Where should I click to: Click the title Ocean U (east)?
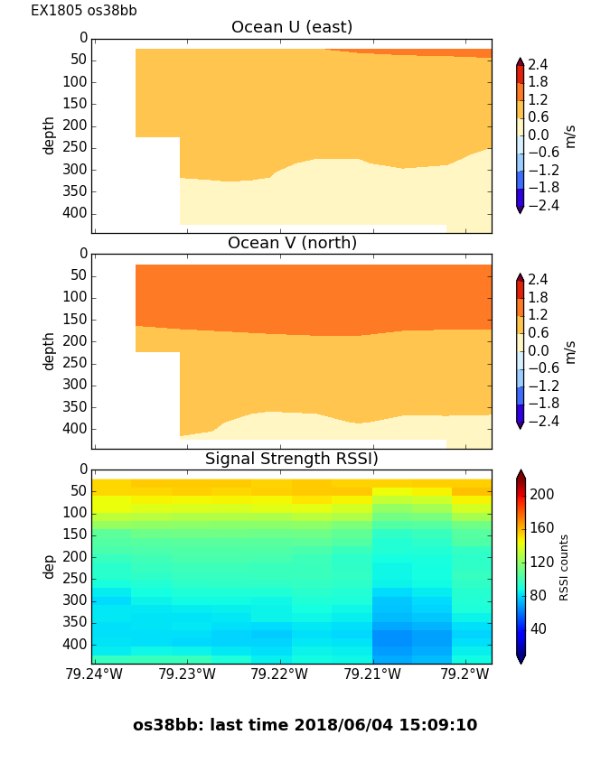click(x=292, y=27)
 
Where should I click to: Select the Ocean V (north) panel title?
click(x=292, y=243)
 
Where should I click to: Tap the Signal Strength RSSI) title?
click(x=292, y=459)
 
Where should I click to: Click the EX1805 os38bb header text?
click(x=84, y=11)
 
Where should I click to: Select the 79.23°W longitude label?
click(x=186, y=674)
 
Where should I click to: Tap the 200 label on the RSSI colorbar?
click(x=542, y=494)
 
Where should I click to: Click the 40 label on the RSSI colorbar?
click(x=539, y=628)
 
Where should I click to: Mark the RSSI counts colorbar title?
click(x=565, y=567)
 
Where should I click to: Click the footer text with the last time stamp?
click(x=305, y=725)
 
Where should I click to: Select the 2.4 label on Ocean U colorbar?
click(x=538, y=64)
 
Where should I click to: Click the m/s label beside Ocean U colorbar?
click(x=570, y=136)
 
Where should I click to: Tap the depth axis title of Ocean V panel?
click(x=50, y=350)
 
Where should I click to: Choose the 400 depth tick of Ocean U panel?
click(x=77, y=213)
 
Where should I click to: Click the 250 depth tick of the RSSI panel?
click(x=77, y=579)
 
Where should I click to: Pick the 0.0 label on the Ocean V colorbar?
click(x=539, y=350)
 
